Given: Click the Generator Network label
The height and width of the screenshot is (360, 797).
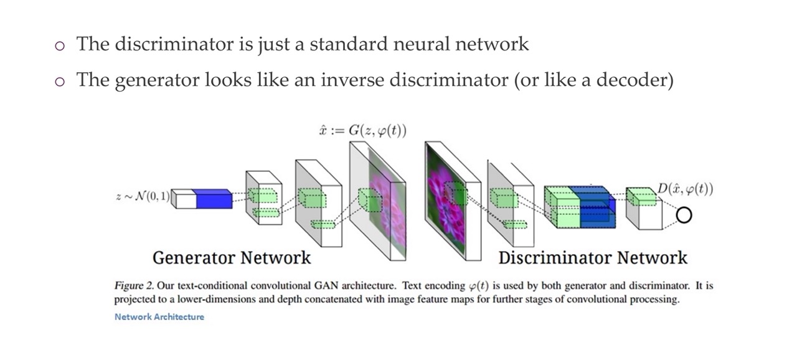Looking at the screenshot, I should coord(232,257).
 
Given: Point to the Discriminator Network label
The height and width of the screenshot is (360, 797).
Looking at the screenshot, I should coord(593,257).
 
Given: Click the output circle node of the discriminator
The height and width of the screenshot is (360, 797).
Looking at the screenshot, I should coord(684,216).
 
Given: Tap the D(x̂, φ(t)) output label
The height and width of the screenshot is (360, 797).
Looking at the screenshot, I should coord(685,189).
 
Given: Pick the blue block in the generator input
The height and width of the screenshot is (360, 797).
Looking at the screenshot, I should coord(214,199).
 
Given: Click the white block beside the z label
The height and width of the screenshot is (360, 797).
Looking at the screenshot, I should coord(184,199).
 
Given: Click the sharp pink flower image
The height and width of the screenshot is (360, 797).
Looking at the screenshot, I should coord(446,199).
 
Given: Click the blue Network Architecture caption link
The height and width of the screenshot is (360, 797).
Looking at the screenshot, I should coord(159,316).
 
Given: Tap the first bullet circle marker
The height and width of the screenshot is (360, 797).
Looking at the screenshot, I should coord(60,45).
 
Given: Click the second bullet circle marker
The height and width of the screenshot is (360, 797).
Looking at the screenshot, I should coord(60,82).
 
